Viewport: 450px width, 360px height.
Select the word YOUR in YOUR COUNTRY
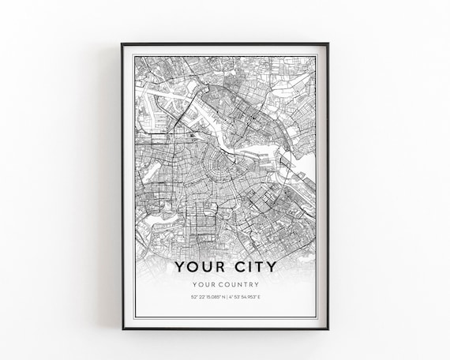pyautogui.click(x=205, y=285)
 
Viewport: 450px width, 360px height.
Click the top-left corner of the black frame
pyautogui.click(x=122, y=44)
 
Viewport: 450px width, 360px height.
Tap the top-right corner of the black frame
pyautogui.click(x=328, y=44)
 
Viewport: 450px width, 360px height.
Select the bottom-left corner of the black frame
pyautogui.click(x=122, y=328)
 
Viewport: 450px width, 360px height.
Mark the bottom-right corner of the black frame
pyautogui.click(x=328, y=328)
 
